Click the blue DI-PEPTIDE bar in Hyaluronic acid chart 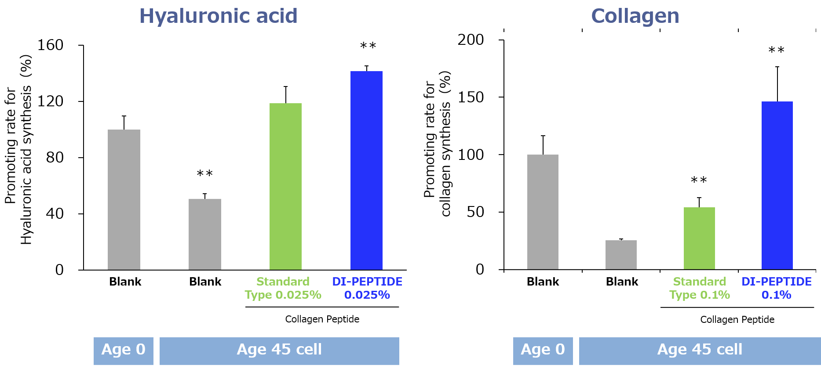point(366,170)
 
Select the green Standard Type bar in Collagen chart point(699,239)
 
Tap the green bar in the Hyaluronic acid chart point(285,187)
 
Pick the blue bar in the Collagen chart point(777,185)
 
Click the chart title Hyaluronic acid point(219,16)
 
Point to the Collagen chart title point(635,16)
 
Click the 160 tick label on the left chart point(51,45)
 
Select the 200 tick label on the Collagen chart point(471,40)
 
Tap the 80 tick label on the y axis point(55,157)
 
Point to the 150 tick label point(471,97)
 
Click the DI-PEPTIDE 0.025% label point(367,288)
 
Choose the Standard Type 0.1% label point(700,288)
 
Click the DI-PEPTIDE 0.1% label point(777,288)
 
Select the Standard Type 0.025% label point(283,288)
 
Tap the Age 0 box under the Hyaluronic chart point(124,351)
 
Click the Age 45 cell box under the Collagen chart point(700,351)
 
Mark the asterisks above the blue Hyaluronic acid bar point(368,46)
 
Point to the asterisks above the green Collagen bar point(699,180)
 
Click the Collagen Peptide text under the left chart point(322,319)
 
